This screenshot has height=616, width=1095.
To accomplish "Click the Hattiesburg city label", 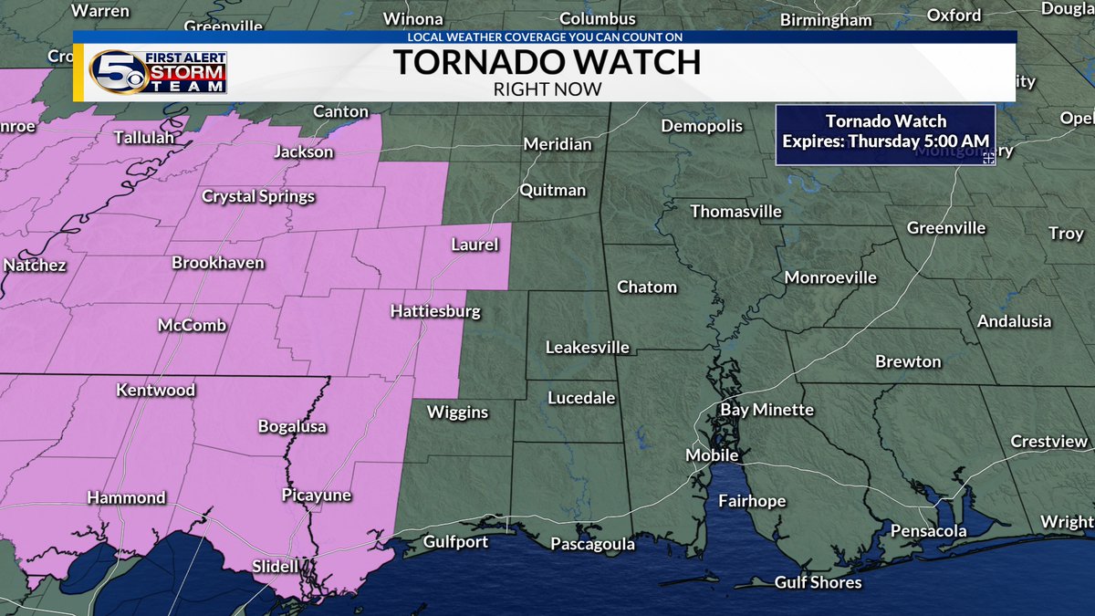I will pos(434,312).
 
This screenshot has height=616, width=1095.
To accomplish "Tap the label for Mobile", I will pos(712,454).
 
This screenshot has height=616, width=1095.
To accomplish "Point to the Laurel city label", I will pos(474,245).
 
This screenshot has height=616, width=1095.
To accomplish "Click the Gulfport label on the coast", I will pos(455,542).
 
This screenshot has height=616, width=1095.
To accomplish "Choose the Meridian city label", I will pos(557,144).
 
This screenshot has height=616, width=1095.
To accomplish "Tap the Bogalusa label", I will pos(292,426).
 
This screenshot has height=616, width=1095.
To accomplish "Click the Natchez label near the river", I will pos(35,266).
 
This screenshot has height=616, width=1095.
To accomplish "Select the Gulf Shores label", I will pos(818,581).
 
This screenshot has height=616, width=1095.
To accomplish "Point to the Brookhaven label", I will pos(218,263).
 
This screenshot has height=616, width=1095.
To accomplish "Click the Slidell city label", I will pos(275,567).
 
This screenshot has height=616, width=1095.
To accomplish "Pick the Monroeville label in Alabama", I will pos(830,277).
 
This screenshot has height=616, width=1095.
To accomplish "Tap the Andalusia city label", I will pos(1014,321).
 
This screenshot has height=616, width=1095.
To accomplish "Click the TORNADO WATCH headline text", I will pos(547,63).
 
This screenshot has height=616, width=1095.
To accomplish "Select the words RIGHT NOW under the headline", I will pos(547,89).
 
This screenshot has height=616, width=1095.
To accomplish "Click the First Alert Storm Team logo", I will pos(157,72).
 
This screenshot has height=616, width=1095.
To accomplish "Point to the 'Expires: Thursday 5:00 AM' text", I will pos(885,143).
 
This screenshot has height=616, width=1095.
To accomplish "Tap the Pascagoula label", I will pos(592,545).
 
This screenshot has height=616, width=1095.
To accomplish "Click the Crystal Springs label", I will pos(258,196).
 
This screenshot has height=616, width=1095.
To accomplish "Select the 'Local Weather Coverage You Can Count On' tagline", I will pos(545,37).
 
